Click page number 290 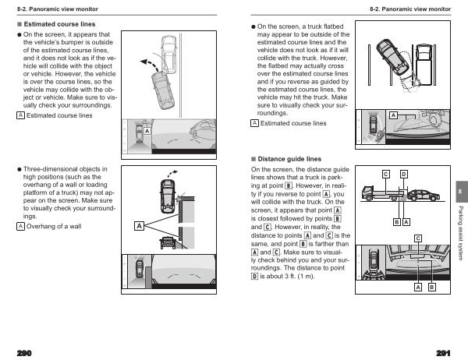coord(24,353)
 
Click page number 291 coord(443,353)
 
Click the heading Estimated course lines coord(59,24)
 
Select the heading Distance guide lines coord(289,159)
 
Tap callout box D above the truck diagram coord(404,175)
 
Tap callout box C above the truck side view coord(386,175)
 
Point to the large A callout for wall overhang coord(139,226)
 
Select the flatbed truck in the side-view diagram coord(383,193)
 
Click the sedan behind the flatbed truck coord(424,196)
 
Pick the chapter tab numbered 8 coord(462,192)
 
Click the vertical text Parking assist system coord(461,233)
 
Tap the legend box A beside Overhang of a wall coord(20,227)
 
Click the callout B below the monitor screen coord(431,288)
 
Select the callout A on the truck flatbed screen coord(393,115)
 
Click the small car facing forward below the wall coord(168,242)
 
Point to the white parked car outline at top coord(168,55)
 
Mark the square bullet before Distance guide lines coord(253,159)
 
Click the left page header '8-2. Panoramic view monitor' coord(57,9)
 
